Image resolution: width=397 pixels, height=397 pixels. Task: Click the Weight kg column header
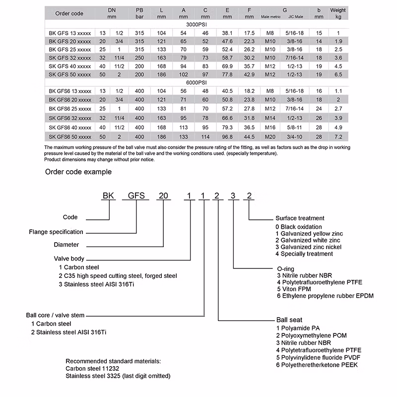tap(338, 13)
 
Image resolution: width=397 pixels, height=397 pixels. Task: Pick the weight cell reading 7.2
tap(338, 136)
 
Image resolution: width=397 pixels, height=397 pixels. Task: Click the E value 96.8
tap(228, 136)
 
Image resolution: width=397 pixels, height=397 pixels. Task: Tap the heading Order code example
tap(78, 172)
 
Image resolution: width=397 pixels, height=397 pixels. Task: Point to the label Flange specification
tap(56, 231)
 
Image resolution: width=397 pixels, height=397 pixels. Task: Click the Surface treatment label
tap(300, 218)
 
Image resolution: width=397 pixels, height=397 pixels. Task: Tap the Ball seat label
tap(289, 320)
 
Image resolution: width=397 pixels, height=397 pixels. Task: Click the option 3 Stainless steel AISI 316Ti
tap(97, 284)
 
